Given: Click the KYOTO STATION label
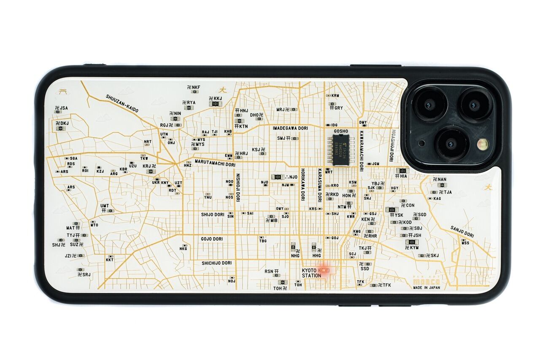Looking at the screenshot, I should pos(311,273).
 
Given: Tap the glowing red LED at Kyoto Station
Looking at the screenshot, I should pos(324,270).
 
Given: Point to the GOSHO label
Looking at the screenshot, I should pos(341,131).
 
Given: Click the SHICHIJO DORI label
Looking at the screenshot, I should pos(216,263).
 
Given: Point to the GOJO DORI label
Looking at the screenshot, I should pos(211,239).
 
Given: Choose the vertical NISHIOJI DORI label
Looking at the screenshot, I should pos(238,188).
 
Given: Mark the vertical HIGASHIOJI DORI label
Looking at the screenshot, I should pos(391,145).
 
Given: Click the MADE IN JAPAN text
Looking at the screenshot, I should pos(427,287).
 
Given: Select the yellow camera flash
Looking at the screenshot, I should pos(483,144).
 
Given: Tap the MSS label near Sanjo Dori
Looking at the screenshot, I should pos(465,243).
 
